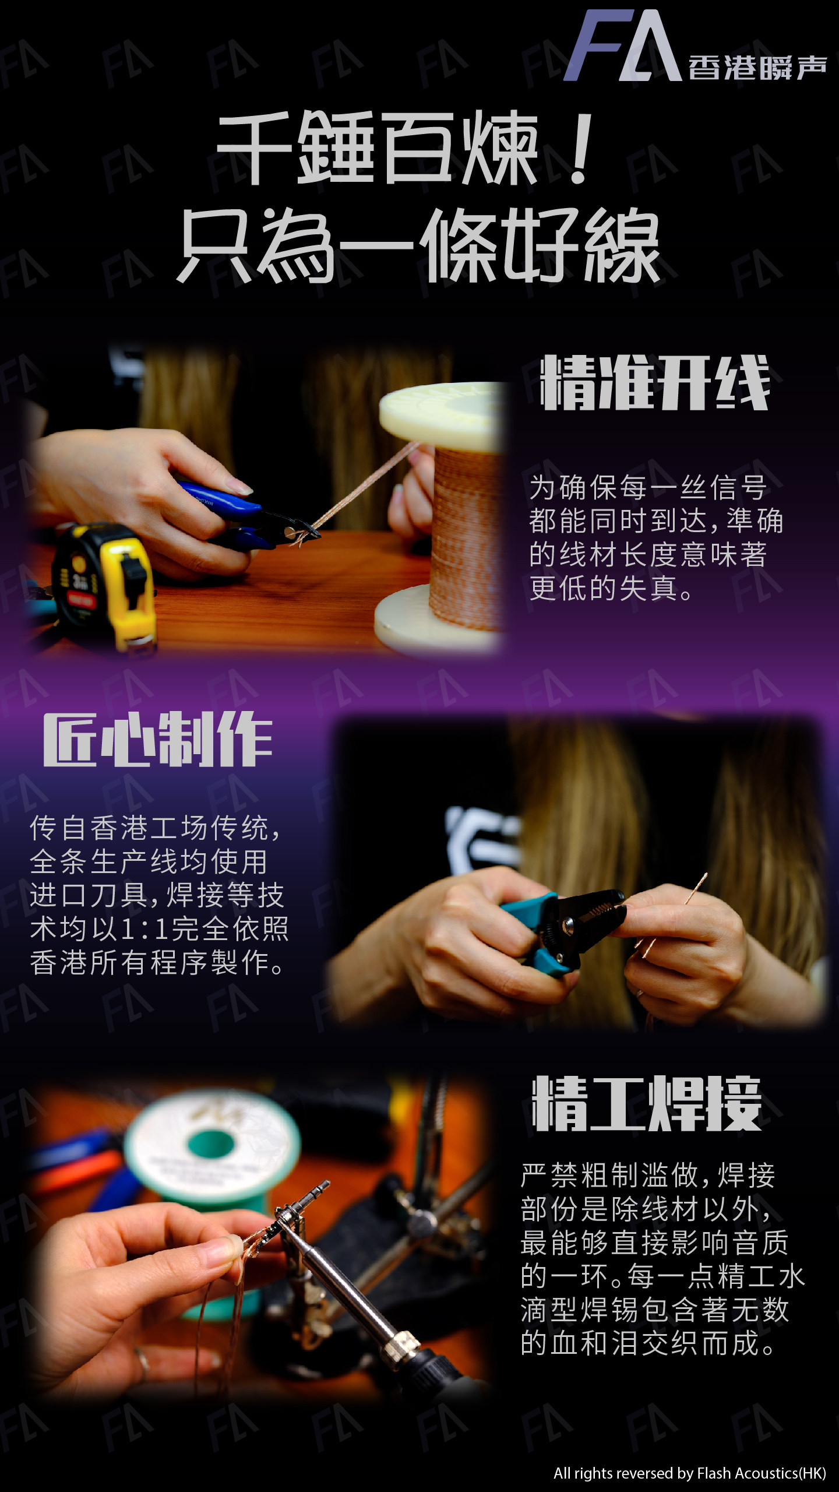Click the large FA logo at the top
pyautogui.click(x=622, y=45)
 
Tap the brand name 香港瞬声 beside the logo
pyautogui.click(x=757, y=68)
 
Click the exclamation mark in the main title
pyautogui.click(x=580, y=149)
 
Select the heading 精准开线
pyautogui.click(x=655, y=383)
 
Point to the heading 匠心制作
pyautogui.click(x=157, y=739)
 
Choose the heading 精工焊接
pyautogui.click(x=647, y=1103)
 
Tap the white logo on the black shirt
pyautogui.click(x=481, y=839)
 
